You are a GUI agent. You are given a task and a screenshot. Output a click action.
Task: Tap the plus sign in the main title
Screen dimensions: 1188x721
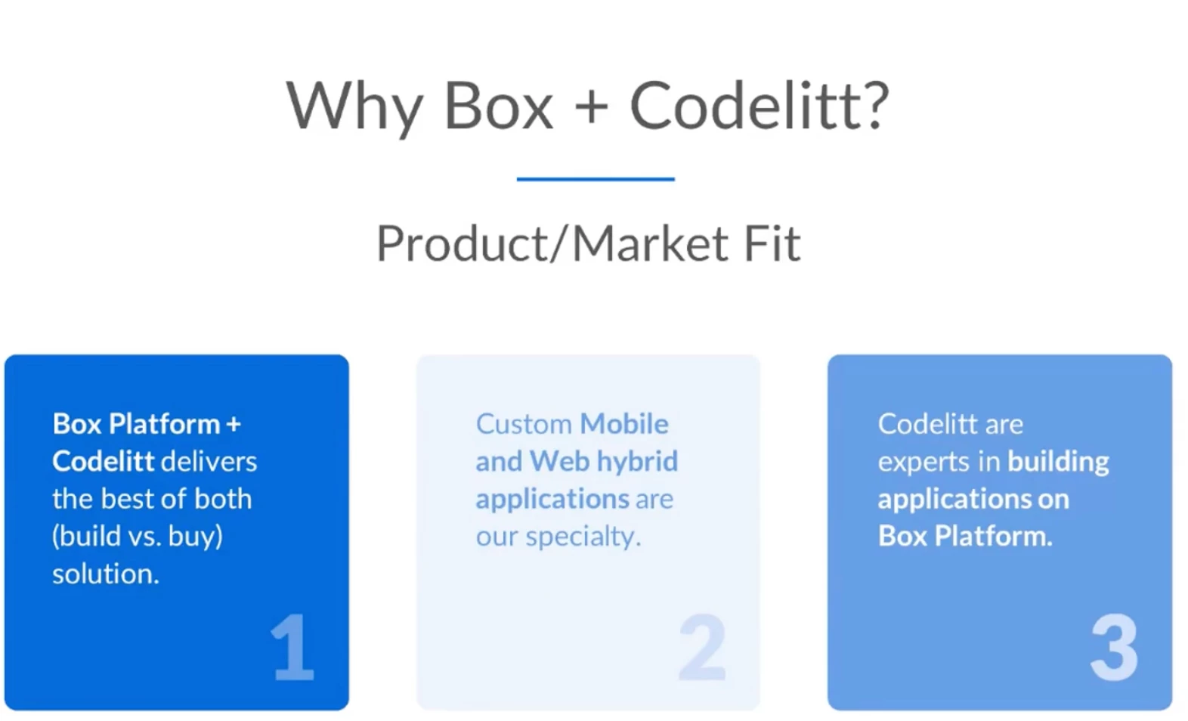coord(591,106)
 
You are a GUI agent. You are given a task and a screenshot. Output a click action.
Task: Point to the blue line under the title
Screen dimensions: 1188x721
coord(596,179)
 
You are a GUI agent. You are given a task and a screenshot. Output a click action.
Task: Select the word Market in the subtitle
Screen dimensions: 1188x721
coord(651,244)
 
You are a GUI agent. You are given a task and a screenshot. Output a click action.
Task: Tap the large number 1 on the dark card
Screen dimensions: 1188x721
coord(292,647)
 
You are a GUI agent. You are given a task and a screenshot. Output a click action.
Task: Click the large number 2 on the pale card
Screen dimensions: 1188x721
coord(702,647)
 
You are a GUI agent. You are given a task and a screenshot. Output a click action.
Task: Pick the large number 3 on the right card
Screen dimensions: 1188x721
coord(1114,647)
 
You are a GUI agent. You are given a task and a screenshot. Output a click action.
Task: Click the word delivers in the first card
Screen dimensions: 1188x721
coord(209,462)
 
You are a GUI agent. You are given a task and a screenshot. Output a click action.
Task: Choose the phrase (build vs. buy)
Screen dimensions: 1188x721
coord(138,537)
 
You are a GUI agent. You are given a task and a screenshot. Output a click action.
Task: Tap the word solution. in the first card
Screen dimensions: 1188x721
coord(106,574)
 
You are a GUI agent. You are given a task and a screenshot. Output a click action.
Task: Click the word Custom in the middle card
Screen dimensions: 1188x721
coord(524,425)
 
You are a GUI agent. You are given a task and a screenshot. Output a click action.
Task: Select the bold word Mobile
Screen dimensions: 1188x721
coord(624,425)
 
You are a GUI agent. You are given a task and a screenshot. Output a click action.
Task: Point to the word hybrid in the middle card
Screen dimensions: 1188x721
coord(637,462)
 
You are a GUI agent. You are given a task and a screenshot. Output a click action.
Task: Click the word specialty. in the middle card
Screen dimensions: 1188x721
coord(583,537)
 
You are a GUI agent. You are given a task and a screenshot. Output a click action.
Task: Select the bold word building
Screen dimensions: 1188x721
coord(1058,462)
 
